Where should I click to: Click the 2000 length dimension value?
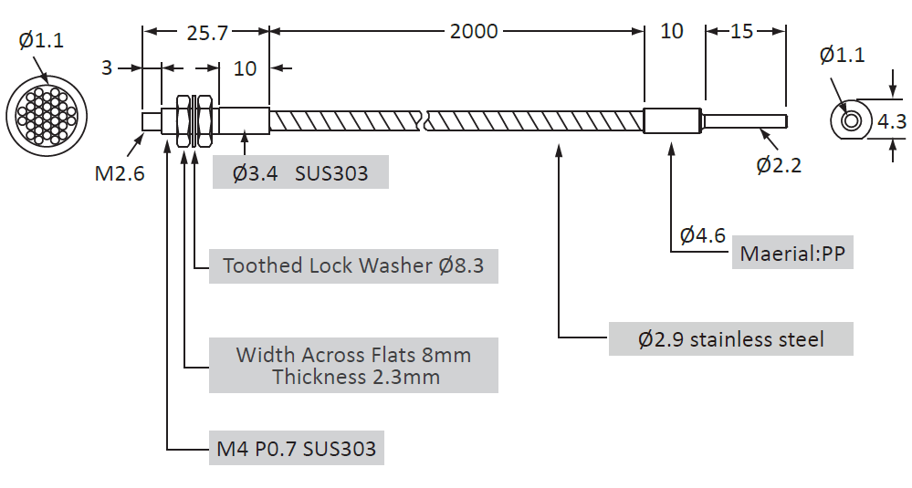[474, 32]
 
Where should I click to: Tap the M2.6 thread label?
[120, 172]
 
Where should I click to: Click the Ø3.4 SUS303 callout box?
[300, 172]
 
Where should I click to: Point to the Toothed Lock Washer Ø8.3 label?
[353, 265]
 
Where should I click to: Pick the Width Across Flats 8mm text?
[353, 355]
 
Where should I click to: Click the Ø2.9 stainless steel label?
[730, 339]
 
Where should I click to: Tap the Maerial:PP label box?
[792, 253]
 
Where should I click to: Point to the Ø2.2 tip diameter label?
[779, 165]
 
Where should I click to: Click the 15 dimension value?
[742, 32]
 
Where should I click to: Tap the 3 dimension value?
[107, 67]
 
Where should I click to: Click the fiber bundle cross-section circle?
[46, 116]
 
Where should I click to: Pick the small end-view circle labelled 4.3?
[851, 120]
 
